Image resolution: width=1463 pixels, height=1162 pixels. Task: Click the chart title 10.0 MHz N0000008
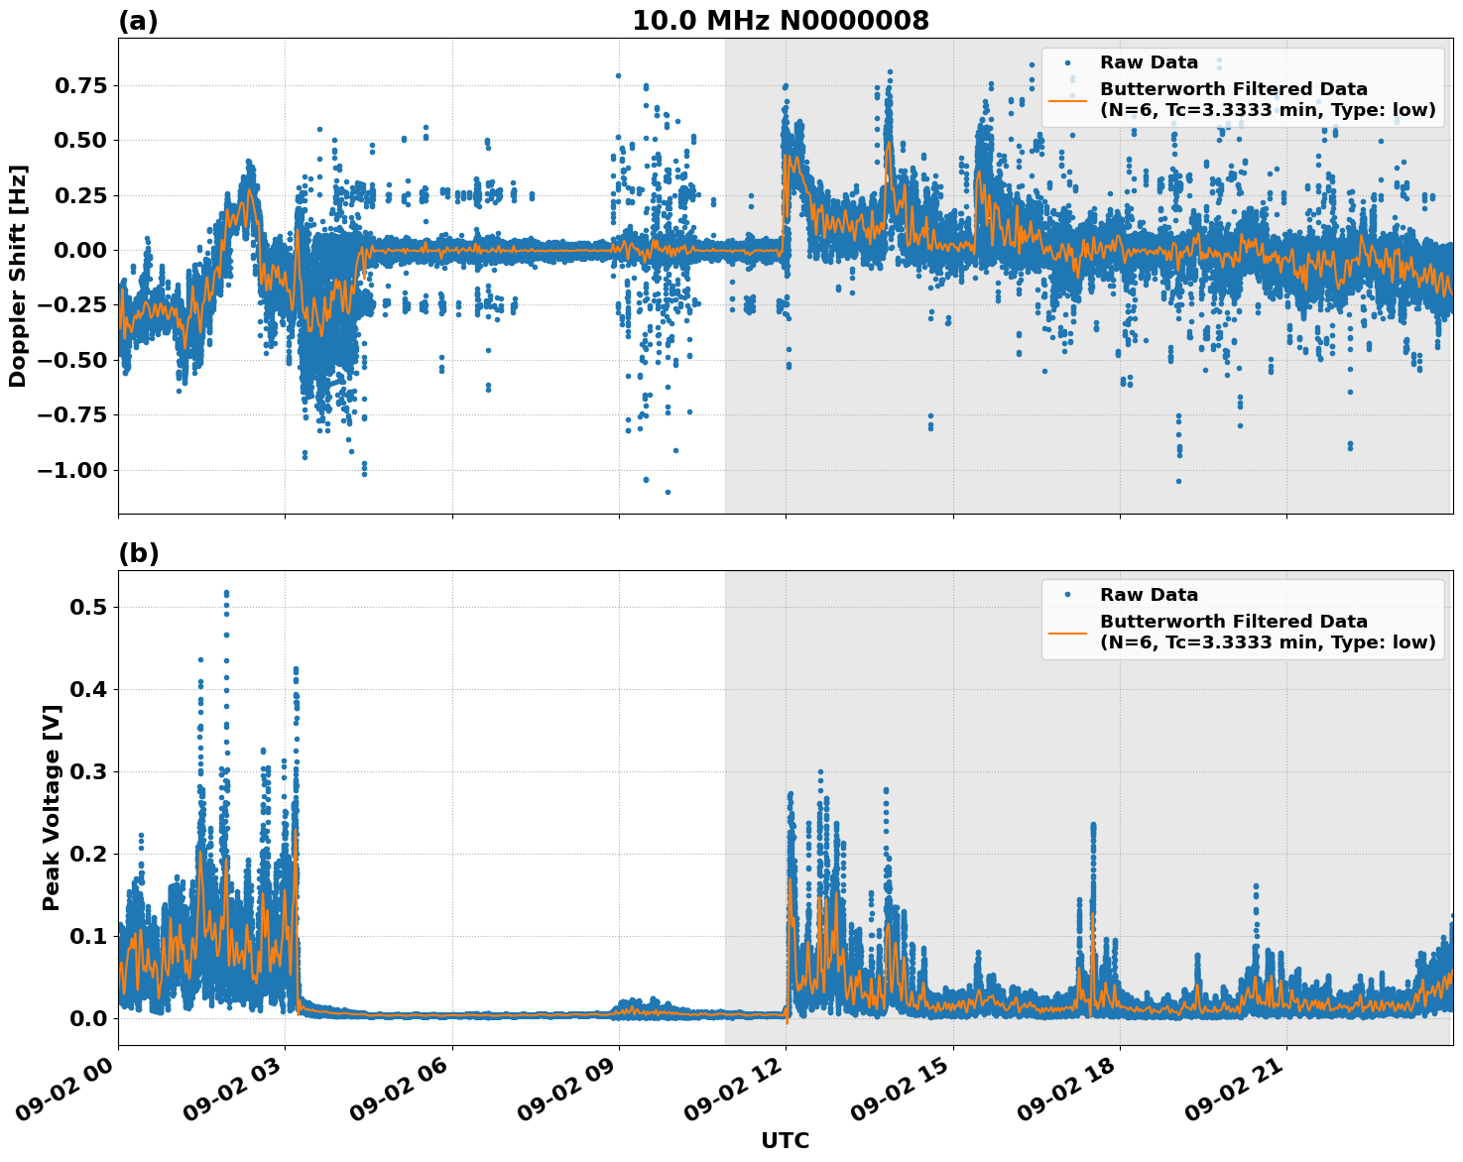781,21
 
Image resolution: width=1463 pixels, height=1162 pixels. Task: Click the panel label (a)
138,21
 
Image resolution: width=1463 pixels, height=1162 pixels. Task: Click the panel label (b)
138,553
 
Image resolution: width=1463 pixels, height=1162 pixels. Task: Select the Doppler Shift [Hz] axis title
18,276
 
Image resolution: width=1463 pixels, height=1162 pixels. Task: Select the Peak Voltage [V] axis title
52,807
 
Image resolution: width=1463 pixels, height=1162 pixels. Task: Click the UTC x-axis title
785,1140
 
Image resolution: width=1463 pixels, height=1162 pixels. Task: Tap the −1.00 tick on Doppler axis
70,470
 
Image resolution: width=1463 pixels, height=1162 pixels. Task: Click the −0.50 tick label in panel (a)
70,360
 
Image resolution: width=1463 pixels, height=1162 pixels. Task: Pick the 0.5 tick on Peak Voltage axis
88,607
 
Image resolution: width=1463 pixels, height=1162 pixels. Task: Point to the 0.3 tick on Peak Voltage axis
88,771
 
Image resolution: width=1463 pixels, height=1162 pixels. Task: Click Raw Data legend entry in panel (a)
1149,62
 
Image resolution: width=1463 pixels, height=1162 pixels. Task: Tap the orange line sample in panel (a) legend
1067,99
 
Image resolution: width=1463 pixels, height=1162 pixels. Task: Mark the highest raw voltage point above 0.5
226,593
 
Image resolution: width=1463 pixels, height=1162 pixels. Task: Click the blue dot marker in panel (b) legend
1067,595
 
